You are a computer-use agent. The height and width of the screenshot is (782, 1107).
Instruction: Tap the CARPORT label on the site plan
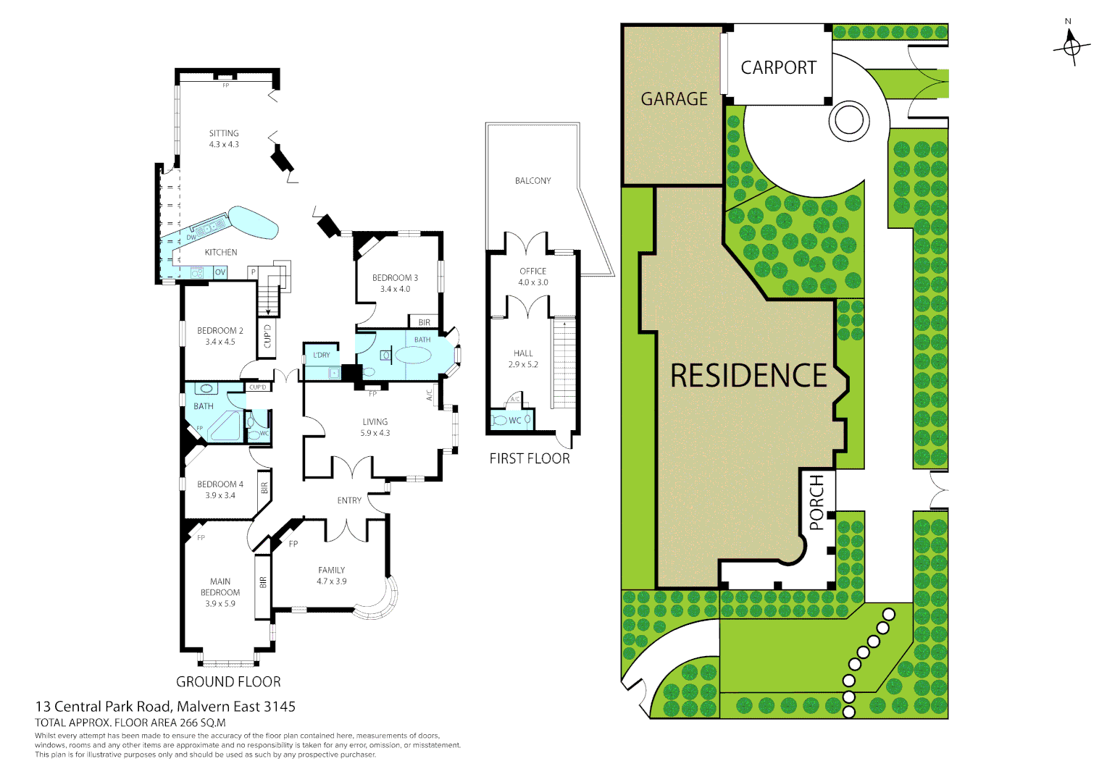point(778,67)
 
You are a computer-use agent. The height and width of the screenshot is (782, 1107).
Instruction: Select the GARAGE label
point(674,98)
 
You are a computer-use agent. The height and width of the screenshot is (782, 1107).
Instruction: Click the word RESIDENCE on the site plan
point(748,376)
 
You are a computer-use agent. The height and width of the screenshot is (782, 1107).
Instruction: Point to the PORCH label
point(816,503)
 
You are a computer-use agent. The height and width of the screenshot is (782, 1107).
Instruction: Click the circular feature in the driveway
point(848,119)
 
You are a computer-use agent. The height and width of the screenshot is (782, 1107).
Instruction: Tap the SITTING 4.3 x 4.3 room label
point(224,138)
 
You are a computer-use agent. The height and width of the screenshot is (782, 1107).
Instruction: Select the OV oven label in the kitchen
point(220,272)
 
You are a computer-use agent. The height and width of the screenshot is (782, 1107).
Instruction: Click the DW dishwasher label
point(191,237)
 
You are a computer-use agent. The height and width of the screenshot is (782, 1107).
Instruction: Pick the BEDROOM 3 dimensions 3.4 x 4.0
point(395,289)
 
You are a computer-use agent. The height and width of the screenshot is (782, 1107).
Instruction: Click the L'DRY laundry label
point(322,355)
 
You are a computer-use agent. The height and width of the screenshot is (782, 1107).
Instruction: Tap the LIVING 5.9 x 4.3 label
point(375,427)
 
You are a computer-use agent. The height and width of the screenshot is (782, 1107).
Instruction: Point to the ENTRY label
point(349,500)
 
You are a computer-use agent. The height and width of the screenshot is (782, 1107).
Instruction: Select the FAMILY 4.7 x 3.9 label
point(331,576)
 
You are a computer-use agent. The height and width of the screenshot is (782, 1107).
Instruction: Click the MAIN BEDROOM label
point(220,586)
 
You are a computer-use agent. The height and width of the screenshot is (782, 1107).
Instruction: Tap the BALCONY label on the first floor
point(532,181)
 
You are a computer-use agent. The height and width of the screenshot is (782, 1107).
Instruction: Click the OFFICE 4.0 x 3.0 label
point(532,277)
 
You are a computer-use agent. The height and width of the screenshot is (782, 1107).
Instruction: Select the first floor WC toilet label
point(514,421)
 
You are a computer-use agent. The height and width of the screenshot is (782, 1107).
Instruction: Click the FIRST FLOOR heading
point(529,458)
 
